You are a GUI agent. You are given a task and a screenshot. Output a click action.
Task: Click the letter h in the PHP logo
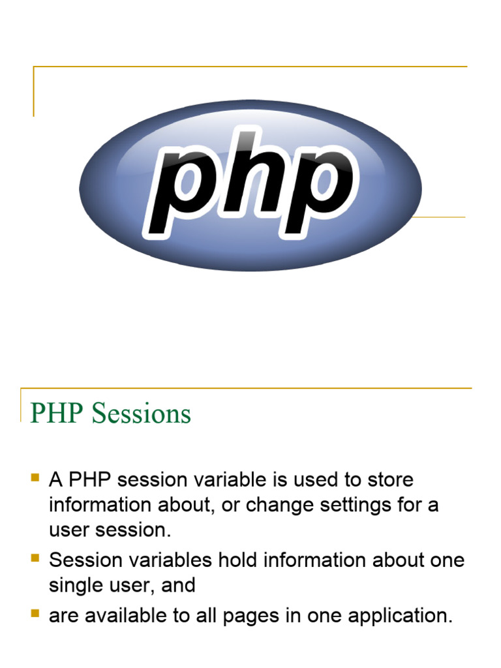pos(251,176)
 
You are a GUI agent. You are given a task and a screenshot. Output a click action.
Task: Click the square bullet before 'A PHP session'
pos(35,478)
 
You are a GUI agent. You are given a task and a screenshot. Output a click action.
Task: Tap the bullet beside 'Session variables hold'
pos(35,558)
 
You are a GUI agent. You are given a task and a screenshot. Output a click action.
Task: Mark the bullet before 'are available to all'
pos(35,614)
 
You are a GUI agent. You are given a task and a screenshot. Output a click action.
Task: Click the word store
pos(389,480)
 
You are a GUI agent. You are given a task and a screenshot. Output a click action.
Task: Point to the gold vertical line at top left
pos(33,91)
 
